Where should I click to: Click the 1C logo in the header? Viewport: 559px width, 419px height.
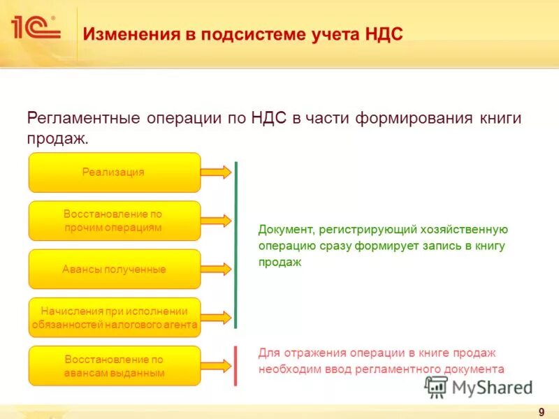35,28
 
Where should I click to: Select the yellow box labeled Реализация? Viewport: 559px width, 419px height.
114,172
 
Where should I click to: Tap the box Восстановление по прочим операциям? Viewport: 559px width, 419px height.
114,221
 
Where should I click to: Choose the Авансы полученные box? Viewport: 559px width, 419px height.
114,269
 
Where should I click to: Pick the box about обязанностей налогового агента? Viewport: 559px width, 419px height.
114,317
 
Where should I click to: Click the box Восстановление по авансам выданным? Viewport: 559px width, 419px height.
114,366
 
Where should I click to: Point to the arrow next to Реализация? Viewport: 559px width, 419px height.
217,172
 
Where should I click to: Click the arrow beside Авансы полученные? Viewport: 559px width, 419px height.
217,269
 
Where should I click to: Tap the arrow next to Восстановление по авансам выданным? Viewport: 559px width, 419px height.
217,366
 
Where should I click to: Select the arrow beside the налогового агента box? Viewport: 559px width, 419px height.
217,317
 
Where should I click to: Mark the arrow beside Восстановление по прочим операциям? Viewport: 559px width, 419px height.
217,221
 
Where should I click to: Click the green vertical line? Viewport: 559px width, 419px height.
236,244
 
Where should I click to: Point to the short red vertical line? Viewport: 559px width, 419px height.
236,365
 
